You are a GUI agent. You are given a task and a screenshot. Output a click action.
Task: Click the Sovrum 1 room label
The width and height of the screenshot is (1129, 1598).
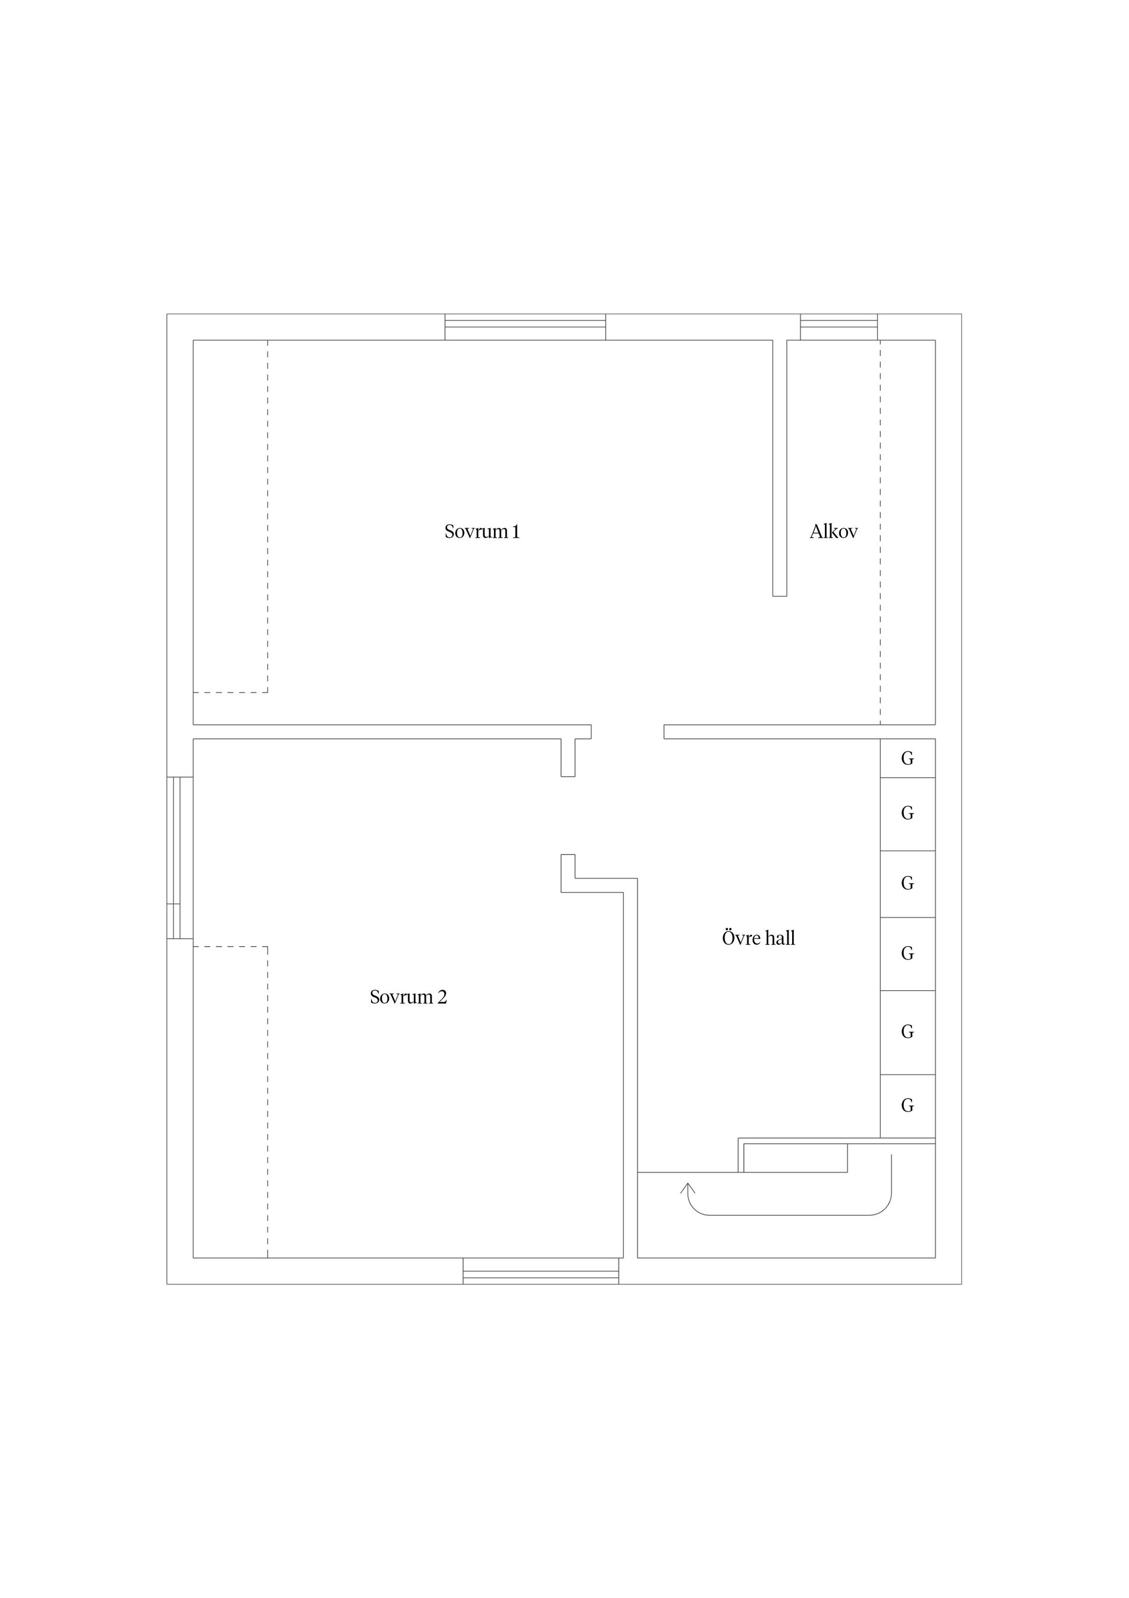[482, 532]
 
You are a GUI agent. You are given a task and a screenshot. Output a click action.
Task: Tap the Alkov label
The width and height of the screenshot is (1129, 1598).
[833, 532]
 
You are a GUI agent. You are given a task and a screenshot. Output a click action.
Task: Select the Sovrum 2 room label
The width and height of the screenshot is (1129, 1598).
[408, 997]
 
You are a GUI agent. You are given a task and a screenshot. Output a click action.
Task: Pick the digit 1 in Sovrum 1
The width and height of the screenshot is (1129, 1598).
[516, 532]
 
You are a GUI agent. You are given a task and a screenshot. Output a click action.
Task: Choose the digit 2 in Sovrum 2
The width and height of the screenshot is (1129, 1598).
[442, 997]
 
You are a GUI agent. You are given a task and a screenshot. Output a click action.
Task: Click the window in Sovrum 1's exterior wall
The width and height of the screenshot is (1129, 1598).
[525, 327]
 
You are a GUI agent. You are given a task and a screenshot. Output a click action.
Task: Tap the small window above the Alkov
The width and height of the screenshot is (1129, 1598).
[839, 327]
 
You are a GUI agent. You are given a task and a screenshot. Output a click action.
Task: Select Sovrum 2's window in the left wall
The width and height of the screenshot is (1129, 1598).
[180, 857]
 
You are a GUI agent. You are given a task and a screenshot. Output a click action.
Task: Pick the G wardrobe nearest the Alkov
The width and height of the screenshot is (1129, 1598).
[908, 758]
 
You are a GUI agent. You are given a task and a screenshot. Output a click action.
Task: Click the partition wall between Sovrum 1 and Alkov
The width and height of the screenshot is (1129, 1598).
[780, 468]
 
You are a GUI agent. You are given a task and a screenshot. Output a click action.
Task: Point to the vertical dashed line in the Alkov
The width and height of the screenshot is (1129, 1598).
[880, 532]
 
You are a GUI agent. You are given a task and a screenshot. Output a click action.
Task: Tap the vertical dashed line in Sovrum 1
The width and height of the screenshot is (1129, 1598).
[268, 517]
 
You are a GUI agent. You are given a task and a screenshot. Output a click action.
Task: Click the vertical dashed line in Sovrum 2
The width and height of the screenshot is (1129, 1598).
[268, 1102]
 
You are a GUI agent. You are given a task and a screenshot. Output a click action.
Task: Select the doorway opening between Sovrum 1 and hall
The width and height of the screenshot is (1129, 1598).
[627, 731]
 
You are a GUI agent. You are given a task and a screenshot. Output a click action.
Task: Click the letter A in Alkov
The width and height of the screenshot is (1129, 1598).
[817, 532]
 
